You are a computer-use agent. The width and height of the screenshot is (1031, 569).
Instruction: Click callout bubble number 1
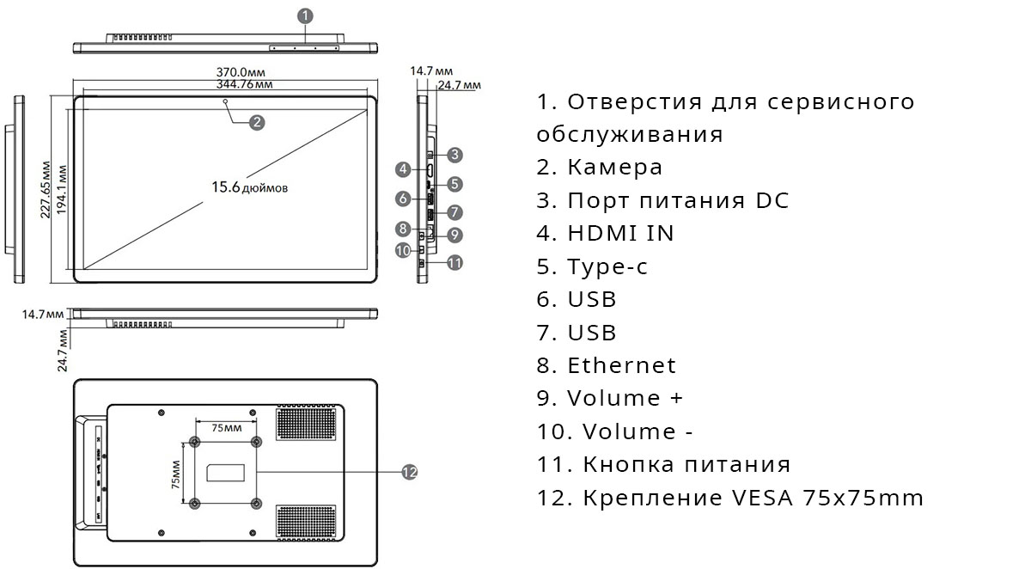pos(308,15)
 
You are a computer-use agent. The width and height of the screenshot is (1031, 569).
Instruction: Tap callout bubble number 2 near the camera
pos(256,122)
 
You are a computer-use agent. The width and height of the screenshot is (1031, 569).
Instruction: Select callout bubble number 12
pos(409,471)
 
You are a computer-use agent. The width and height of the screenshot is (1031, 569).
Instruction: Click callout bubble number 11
pos(455,262)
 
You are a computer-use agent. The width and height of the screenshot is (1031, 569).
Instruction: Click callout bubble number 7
pos(455,211)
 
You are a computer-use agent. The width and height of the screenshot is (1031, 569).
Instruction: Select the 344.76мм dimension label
pos(246,84)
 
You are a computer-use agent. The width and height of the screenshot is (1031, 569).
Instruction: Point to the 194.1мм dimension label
pos(62,189)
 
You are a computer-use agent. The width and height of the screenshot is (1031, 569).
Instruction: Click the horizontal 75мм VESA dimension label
pos(226,427)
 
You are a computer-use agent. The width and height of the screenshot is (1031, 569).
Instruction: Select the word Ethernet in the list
pos(621,365)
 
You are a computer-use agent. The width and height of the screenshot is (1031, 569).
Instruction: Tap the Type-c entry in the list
pos(607,266)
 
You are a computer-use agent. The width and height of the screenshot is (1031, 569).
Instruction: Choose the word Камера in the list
pos(614,167)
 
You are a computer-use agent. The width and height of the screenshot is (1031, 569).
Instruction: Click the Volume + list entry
pos(625,399)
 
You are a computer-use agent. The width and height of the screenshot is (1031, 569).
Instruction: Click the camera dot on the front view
pos(226,101)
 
